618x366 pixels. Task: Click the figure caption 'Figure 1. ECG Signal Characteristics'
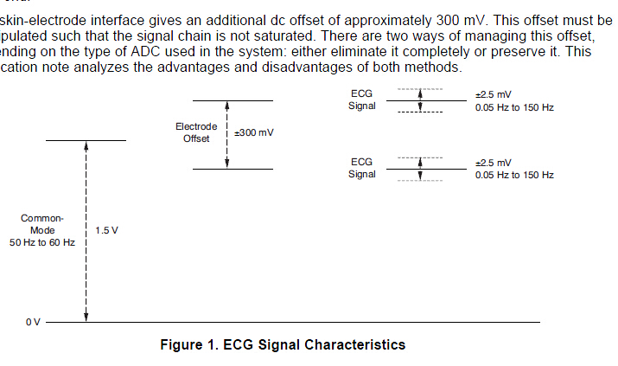(x=283, y=344)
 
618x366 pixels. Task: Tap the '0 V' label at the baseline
(x=33, y=322)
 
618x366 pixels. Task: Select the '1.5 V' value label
(x=106, y=231)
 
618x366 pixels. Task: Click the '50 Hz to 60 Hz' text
(x=42, y=243)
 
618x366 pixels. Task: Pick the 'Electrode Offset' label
(x=196, y=132)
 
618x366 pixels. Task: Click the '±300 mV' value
(x=254, y=133)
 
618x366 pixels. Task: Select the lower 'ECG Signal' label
(x=362, y=168)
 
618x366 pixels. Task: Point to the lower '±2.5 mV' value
(x=494, y=162)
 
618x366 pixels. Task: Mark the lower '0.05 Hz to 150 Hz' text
(x=514, y=175)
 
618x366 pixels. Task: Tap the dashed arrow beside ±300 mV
(x=226, y=134)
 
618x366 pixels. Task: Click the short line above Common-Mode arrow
(x=86, y=140)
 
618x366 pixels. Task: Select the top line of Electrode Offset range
(x=233, y=101)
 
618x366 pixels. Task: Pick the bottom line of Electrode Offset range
(x=233, y=169)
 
